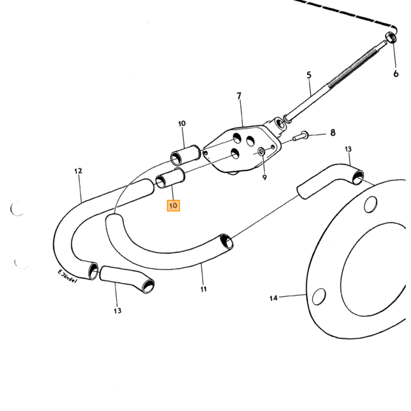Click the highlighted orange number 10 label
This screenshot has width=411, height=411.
[173, 206]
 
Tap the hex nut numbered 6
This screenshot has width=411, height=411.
[391, 38]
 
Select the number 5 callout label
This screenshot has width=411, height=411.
[309, 75]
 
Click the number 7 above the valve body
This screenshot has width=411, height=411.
[238, 96]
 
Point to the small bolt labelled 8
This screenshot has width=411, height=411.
[301, 136]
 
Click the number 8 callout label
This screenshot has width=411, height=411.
[333, 133]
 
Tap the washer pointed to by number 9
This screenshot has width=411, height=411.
[261, 151]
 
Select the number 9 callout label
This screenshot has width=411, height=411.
[264, 177]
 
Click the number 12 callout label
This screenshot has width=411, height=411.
[78, 171]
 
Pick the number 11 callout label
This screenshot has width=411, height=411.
[204, 289]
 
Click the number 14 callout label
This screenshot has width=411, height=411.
[274, 298]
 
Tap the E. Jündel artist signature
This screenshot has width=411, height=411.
[68, 277]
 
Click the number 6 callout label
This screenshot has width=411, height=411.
[396, 74]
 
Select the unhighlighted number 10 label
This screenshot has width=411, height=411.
[182, 123]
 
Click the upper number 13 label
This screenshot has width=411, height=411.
[348, 149]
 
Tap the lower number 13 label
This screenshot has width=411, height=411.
[117, 311]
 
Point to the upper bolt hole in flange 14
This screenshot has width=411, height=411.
[370, 204]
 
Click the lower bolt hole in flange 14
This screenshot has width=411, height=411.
[319, 297]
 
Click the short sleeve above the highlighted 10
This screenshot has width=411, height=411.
[170, 178]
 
